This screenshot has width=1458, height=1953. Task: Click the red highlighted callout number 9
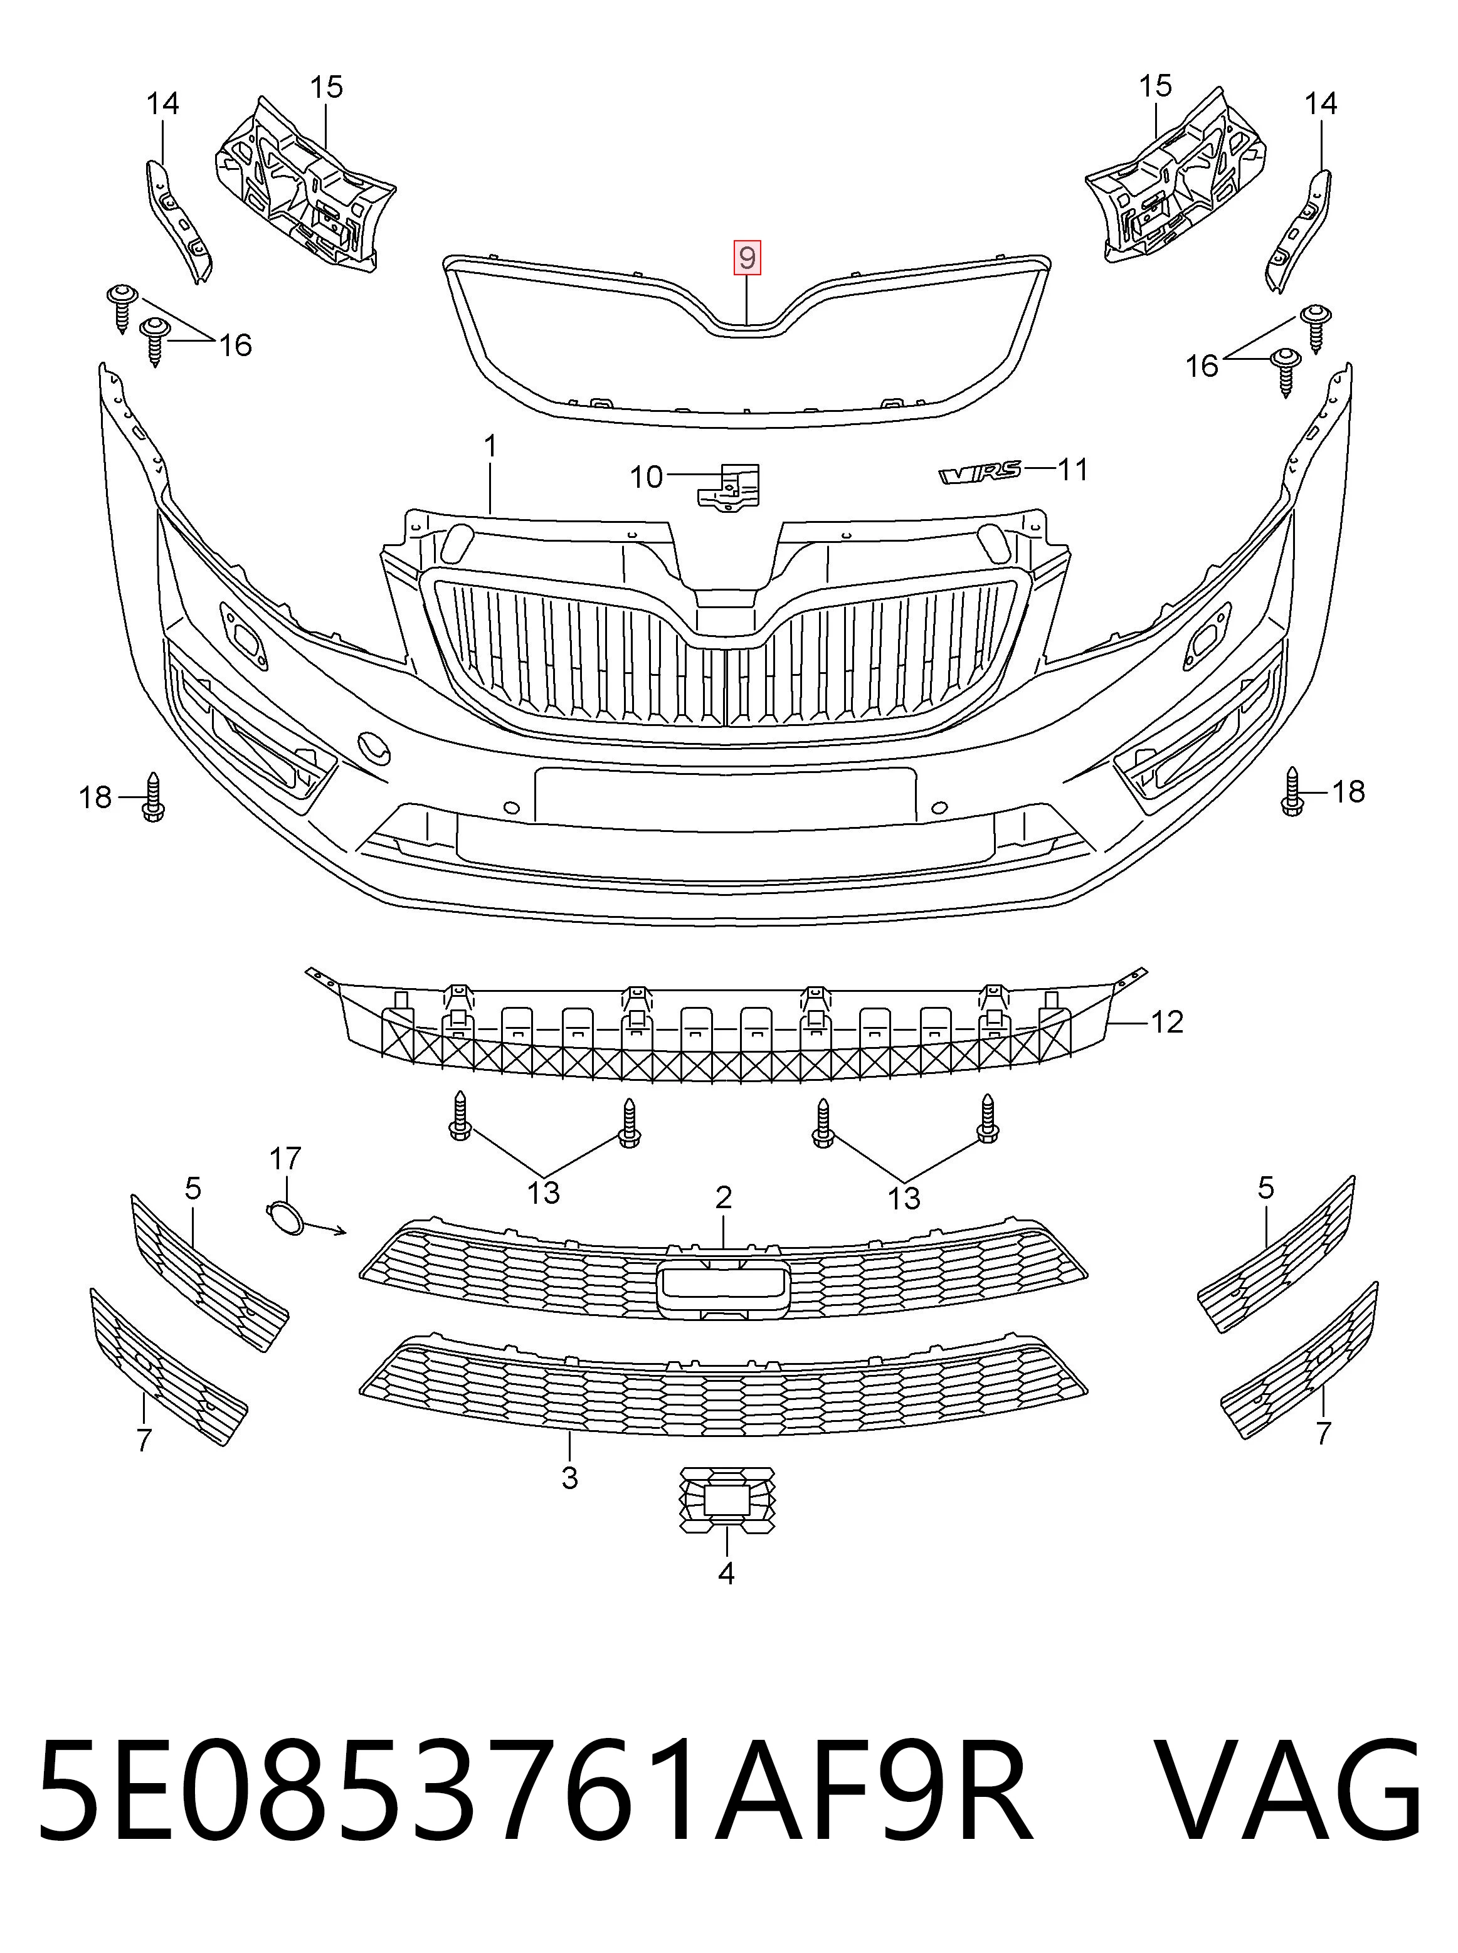[747, 258]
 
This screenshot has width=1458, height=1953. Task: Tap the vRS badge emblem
[980, 472]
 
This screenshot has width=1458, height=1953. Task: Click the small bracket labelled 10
[728, 487]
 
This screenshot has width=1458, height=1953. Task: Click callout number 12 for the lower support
[1167, 1022]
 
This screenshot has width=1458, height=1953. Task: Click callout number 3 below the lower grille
[569, 1477]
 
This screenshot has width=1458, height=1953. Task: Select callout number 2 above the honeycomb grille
[724, 1198]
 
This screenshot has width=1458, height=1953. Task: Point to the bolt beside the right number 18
[1293, 791]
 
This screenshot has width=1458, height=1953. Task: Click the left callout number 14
[162, 104]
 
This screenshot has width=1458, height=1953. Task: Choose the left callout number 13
[544, 1192]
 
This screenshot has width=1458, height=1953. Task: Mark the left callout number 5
[193, 1189]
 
